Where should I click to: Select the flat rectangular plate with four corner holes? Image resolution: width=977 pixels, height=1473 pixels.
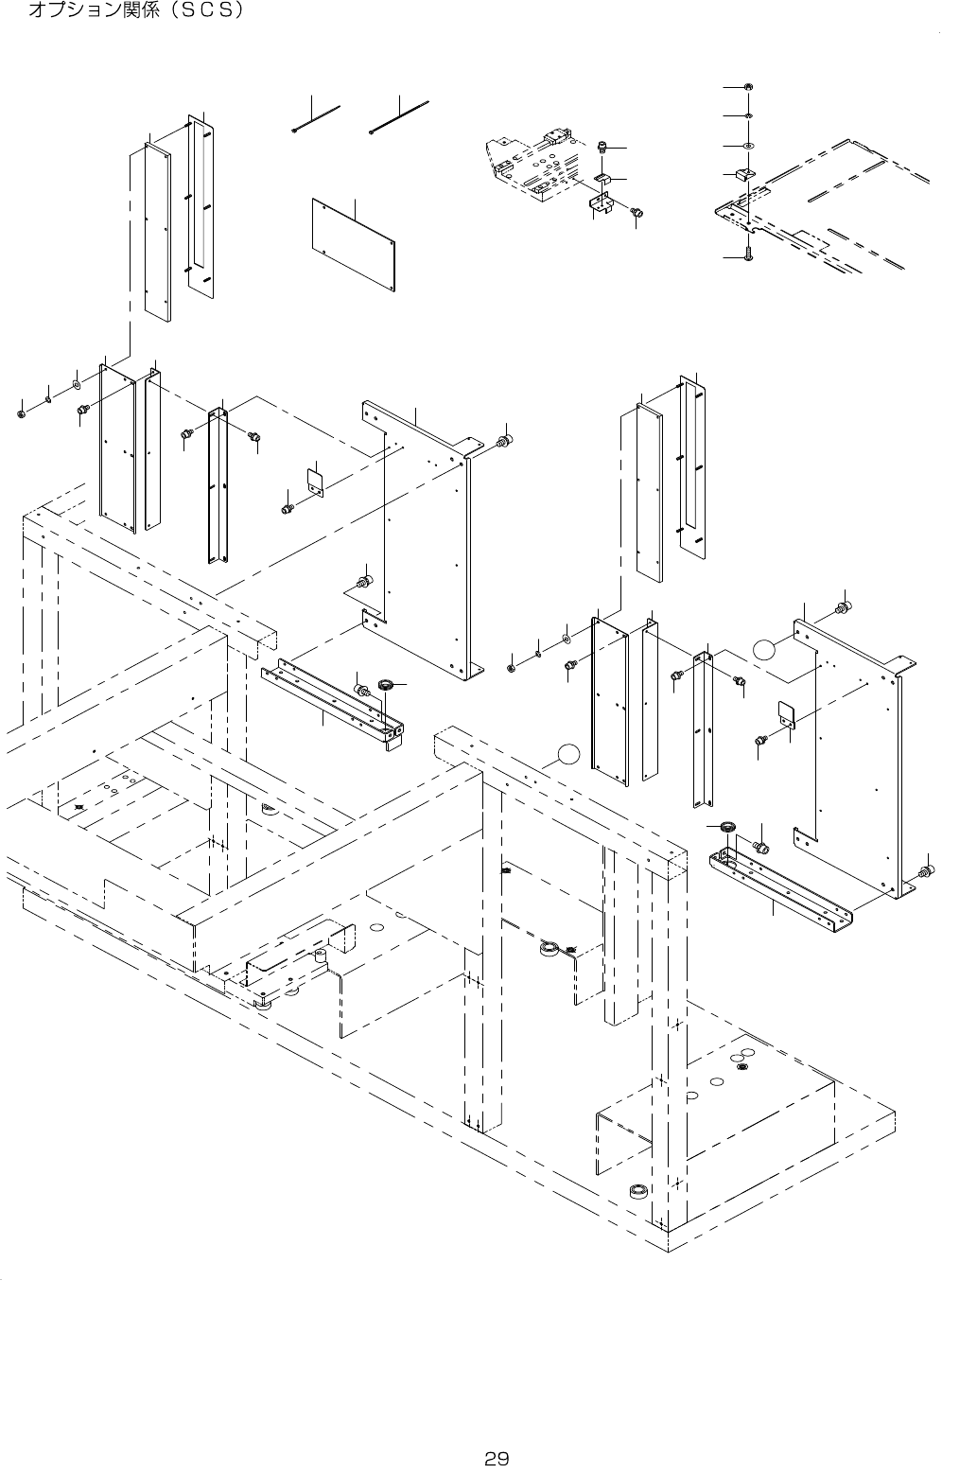click(354, 244)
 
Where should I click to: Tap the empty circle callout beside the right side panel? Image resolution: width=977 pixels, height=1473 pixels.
click(765, 649)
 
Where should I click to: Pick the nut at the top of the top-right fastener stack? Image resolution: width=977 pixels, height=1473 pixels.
click(748, 88)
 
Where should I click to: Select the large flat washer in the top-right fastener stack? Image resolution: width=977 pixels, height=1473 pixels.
click(748, 147)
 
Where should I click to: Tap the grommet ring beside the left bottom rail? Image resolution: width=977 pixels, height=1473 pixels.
click(385, 683)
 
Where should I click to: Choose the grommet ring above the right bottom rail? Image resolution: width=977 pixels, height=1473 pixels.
click(728, 828)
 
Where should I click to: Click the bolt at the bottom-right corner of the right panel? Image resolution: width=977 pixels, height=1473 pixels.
click(927, 869)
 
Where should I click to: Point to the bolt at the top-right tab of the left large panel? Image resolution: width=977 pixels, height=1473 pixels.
click(505, 440)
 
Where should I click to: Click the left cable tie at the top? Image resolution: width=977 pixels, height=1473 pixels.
click(317, 120)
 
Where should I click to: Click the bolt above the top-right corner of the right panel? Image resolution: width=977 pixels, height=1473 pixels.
click(843, 605)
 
